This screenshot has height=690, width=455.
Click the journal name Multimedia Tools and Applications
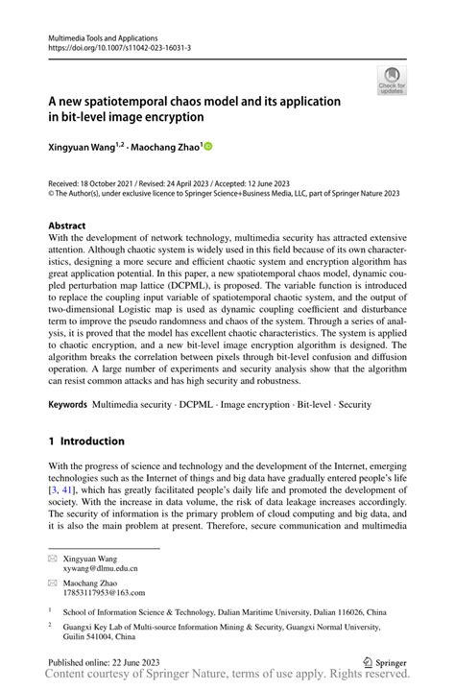tap(103, 35)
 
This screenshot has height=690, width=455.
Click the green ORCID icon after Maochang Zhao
tap(206, 147)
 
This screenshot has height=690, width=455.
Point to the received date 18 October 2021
tap(97, 182)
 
